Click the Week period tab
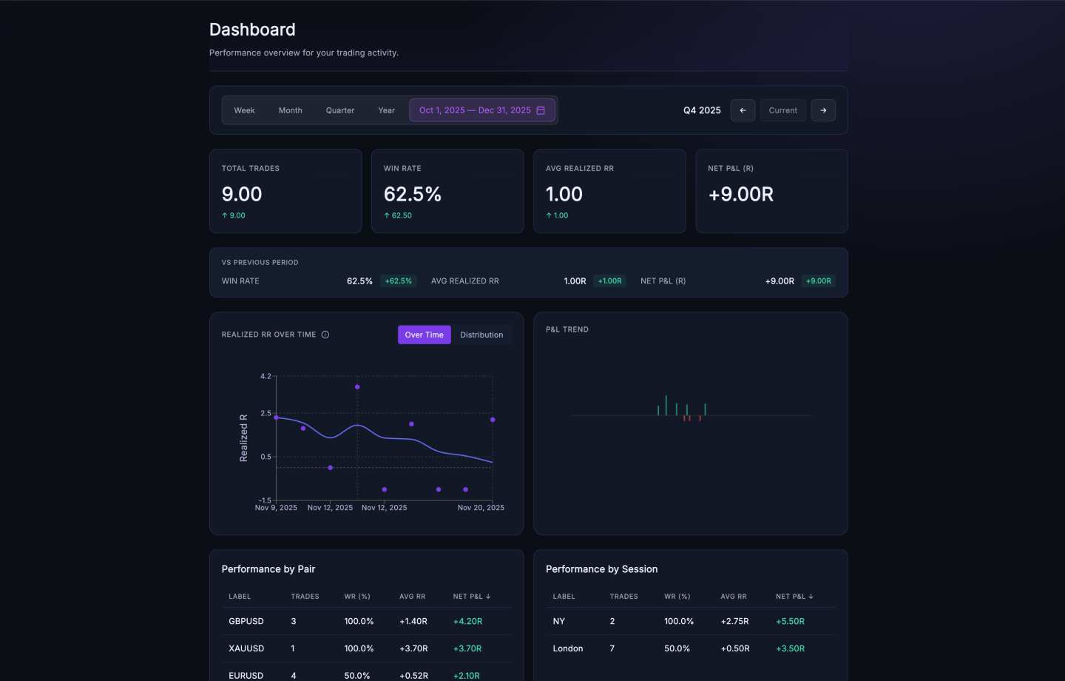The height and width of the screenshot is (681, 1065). [244, 110]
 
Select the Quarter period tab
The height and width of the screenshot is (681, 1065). [339, 110]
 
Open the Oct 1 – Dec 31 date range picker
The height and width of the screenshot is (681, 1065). [481, 110]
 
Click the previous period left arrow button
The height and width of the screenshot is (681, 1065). [743, 110]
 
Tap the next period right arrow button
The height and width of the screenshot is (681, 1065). [823, 110]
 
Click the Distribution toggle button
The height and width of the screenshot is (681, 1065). [481, 335]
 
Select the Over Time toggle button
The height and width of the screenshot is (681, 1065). [424, 335]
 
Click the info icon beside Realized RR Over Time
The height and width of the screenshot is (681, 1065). [325, 335]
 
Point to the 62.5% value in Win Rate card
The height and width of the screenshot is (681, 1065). [412, 194]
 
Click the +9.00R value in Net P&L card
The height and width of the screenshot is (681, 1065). [740, 194]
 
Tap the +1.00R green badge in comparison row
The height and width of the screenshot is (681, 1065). [609, 281]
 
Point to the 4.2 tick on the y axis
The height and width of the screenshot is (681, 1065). [266, 376]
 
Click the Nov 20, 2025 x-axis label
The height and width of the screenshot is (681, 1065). [481, 508]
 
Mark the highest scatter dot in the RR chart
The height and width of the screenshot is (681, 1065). [357, 387]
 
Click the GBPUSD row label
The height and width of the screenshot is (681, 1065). [246, 621]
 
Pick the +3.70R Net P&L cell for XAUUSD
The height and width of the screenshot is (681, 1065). [467, 648]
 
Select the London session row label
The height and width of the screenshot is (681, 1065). [567, 648]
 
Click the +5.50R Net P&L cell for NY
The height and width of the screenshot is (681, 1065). [790, 621]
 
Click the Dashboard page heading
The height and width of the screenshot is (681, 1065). [252, 30]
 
